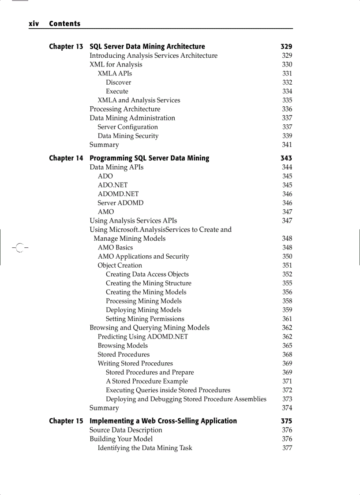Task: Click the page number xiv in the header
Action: pyautogui.click(x=34, y=24)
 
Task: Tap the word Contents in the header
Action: pyautogui.click(x=65, y=24)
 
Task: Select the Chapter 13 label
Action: pyautogui.click(x=66, y=47)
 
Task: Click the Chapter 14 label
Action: pyautogui.click(x=66, y=158)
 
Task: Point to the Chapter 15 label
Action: pyautogui.click(x=66, y=421)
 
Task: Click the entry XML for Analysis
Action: pyautogui.click(x=116, y=64)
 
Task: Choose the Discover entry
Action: pyautogui.click(x=118, y=82)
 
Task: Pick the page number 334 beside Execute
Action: pyautogui.click(x=287, y=91)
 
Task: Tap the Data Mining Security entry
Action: pyautogui.click(x=128, y=136)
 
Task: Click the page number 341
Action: pyautogui.click(x=287, y=145)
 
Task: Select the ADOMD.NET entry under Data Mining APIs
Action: pyautogui.click(x=118, y=194)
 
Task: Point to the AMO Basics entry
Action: pyautogui.click(x=115, y=247)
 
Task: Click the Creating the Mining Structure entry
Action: pyautogui.click(x=149, y=283)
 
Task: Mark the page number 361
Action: pyautogui.click(x=287, y=319)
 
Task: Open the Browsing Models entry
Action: pyautogui.click(x=123, y=346)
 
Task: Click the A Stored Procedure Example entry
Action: pyautogui.click(x=147, y=381)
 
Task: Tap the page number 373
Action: pyautogui.click(x=287, y=399)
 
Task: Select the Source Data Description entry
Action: pyautogui.click(x=126, y=430)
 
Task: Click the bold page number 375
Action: pyautogui.click(x=286, y=421)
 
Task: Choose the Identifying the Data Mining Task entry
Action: pyautogui.click(x=145, y=448)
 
